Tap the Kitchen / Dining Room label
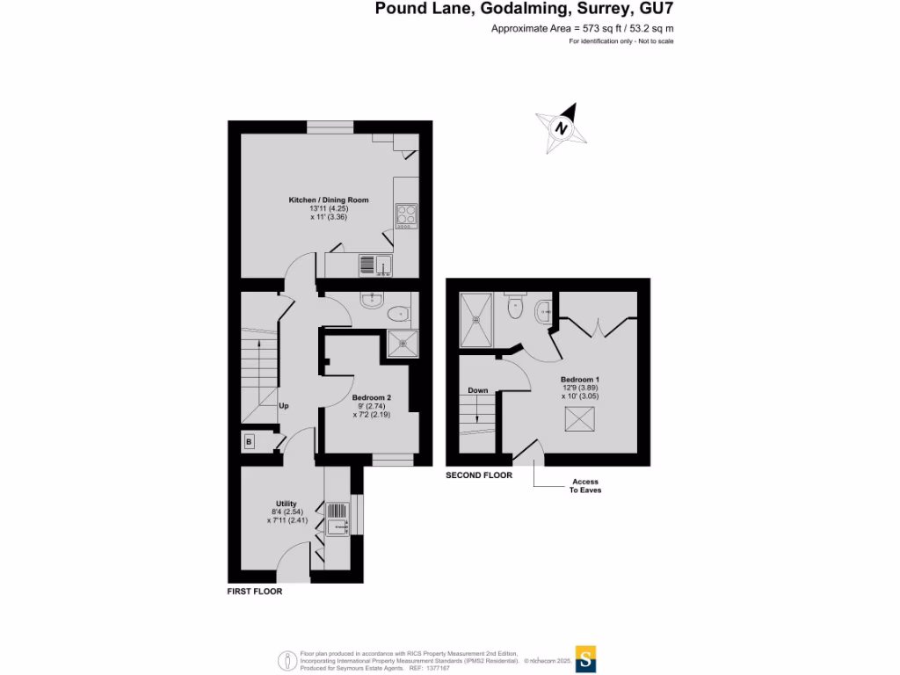(x=329, y=200)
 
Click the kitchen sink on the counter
(x=383, y=264)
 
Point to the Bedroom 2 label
(x=371, y=398)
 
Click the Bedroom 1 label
(x=579, y=380)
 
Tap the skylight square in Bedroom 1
(x=578, y=420)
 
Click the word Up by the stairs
(x=284, y=406)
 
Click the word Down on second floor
(x=477, y=390)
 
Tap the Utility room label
(x=287, y=504)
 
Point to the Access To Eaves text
(x=585, y=486)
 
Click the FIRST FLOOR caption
(x=254, y=592)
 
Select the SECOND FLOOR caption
(x=479, y=475)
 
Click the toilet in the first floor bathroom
(x=396, y=312)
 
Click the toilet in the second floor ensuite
(x=515, y=308)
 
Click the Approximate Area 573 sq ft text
(x=582, y=29)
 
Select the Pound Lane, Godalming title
(x=525, y=10)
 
